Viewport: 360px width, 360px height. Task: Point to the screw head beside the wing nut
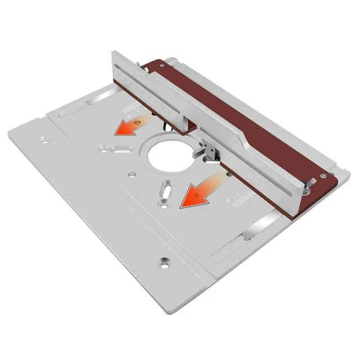(322, 177)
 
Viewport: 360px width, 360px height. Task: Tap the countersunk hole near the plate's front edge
(164, 262)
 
